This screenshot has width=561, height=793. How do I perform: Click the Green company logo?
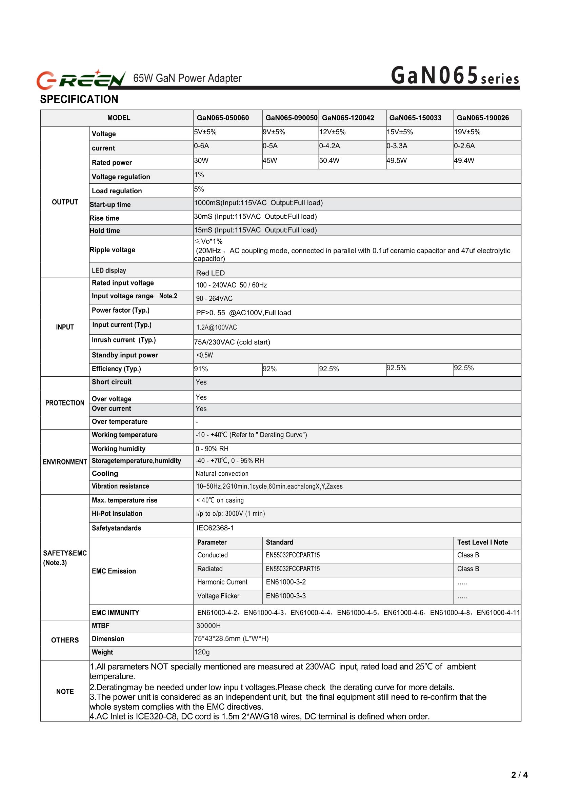[81, 79]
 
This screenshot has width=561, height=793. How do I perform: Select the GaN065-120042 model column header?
[348, 118]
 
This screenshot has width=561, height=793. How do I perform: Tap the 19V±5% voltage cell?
[467, 132]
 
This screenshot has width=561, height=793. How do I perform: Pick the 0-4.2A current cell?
[329, 146]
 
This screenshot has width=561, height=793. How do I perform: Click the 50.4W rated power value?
[329, 160]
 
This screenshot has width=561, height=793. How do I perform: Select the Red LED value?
[211, 273]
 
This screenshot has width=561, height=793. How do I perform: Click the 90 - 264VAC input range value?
[214, 299]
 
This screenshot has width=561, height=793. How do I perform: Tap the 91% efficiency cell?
[201, 369]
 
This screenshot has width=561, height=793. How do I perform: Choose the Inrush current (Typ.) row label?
[124, 340]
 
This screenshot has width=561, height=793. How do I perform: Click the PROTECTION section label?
[65, 403]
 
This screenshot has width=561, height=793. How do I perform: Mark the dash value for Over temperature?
[197, 422]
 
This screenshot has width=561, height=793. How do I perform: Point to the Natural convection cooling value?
[222, 474]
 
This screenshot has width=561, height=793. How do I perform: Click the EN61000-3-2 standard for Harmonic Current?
[286, 582]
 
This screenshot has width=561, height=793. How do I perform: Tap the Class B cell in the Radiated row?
[468, 569]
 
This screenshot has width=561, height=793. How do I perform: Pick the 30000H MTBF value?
[208, 626]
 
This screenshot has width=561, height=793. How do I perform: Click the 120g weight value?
[202, 652]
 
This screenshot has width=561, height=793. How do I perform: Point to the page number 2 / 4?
[519, 775]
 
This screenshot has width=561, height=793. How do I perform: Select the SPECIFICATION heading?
[79, 100]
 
